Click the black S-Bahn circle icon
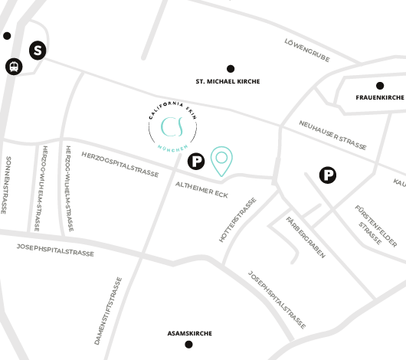click(x=38, y=51)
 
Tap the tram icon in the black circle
click(x=13, y=67)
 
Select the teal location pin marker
click(x=222, y=159)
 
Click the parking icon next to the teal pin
click(x=196, y=161)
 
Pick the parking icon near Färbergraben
click(x=328, y=175)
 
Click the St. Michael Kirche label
click(x=228, y=81)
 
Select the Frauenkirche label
click(x=379, y=98)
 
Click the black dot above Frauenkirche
click(x=379, y=86)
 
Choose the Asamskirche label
click(x=189, y=333)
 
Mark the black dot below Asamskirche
click(x=189, y=345)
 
